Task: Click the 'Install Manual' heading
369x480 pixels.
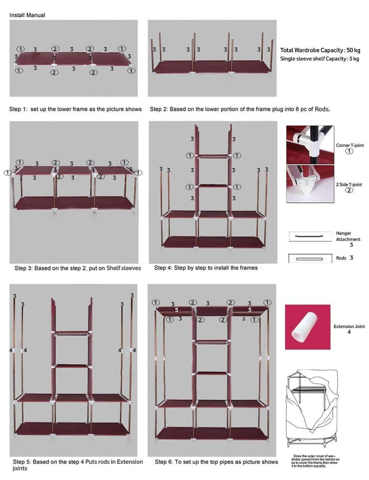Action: (27, 15)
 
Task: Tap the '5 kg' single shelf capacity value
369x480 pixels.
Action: (354, 59)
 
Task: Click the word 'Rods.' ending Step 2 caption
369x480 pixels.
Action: (322, 109)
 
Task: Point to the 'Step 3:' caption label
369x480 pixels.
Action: (23, 268)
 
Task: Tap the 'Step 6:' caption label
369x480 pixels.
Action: (164, 462)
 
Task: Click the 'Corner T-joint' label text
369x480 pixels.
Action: (350, 145)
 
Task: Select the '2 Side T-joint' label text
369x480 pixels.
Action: (349, 185)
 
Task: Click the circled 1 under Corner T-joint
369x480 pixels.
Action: (349, 151)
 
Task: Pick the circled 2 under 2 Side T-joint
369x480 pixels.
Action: (349, 190)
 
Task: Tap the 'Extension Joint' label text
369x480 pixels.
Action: (349, 326)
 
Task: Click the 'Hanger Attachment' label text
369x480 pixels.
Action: (348, 236)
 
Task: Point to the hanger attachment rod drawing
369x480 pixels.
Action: (310, 236)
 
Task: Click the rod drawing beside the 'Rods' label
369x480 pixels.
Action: (310, 258)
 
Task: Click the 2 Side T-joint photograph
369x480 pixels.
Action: (310, 184)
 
